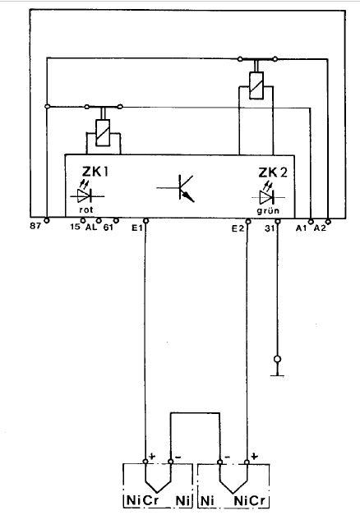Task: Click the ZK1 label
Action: [x=95, y=172]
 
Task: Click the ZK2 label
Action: [x=273, y=172]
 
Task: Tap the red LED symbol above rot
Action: [x=87, y=194]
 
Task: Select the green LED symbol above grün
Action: [x=268, y=195]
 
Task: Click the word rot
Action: [x=86, y=209]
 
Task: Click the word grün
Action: [x=268, y=210]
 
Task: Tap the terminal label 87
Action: [x=35, y=227]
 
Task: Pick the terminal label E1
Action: [x=136, y=228]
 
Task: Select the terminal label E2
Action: [x=238, y=228]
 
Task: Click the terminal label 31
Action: [x=270, y=228]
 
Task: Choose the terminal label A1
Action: [x=301, y=228]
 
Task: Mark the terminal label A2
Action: [x=320, y=228]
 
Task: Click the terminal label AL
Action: [x=91, y=227]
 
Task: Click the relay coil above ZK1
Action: [x=103, y=133]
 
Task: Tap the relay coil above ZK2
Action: [x=256, y=85]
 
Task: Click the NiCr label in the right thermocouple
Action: [x=249, y=501]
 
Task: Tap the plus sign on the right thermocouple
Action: [x=255, y=456]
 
